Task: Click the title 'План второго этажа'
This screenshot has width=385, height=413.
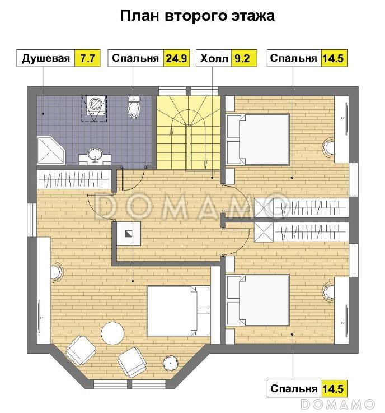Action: coord(198,16)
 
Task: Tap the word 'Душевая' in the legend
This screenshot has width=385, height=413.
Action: coord(46,59)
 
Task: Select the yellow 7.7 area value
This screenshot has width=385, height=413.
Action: coord(87,59)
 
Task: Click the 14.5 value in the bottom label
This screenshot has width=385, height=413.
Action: coord(334,388)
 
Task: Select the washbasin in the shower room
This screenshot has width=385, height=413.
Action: coord(95,155)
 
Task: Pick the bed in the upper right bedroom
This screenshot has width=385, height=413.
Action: coord(258,137)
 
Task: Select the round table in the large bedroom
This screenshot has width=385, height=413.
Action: coord(112,333)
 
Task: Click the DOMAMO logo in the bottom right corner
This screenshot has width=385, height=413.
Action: coord(337,404)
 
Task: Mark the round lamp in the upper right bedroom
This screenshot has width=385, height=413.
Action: coord(328,147)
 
